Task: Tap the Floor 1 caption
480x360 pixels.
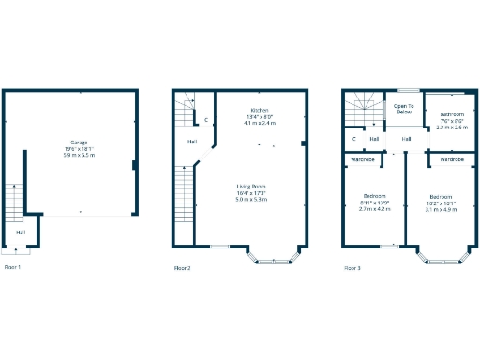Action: [12, 268]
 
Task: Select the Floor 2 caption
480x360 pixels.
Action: [182, 269]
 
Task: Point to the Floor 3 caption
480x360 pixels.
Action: [352, 268]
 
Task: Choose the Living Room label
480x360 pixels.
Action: [252, 187]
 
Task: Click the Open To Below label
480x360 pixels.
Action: [403, 109]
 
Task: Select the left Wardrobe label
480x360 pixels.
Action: [364, 160]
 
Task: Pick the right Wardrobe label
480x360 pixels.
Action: [452, 160]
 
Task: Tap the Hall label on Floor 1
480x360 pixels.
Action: [20, 232]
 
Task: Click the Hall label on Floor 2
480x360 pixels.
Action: [191, 142]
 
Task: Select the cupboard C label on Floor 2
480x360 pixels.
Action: [206, 120]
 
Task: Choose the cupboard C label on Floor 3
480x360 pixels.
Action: [354, 139]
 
